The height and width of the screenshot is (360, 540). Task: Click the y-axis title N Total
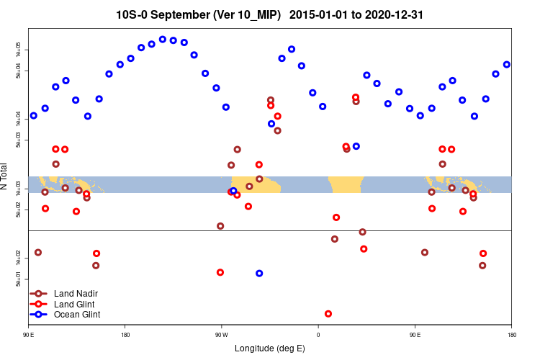5,176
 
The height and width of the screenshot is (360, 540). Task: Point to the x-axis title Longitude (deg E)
269,348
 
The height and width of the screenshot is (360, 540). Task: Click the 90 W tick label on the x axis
221,334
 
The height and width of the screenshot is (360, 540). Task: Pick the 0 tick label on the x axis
318,334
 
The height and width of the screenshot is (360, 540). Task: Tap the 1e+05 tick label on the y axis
18,49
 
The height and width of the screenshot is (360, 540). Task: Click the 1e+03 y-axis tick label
18,188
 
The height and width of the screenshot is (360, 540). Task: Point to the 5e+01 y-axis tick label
18,279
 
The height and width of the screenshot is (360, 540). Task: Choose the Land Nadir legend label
76,294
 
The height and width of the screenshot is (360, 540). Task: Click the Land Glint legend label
75,305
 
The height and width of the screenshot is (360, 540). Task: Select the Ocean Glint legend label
77,315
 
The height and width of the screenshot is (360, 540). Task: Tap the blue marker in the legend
39,315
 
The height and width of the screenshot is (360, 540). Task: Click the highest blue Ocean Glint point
163,40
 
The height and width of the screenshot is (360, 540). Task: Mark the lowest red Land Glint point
328,314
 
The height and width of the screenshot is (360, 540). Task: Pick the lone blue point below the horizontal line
259,274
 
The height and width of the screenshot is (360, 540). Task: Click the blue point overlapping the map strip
233,191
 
